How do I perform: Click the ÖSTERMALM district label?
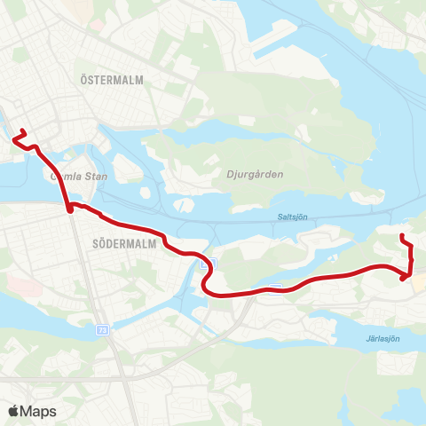point(111,80)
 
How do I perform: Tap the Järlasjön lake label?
point(383,338)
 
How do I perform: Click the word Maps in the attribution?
point(39,411)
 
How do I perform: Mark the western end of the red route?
point(14,138)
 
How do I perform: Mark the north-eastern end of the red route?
point(402,235)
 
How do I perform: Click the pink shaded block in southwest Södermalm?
point(24,286)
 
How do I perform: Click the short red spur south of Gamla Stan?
point(69,209)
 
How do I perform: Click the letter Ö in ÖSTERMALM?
point(83,80)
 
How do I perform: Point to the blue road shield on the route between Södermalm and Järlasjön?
point(277,288)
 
